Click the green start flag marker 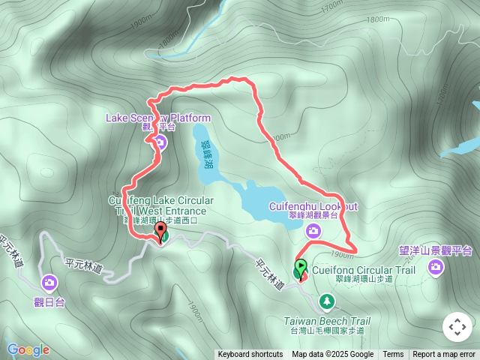(x=301, y=267)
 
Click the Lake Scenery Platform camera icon (x=160, y=141)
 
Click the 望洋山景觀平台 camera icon (x=436, y=268)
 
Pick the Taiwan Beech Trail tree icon (x=327, y=301)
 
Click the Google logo (x=28, y=349)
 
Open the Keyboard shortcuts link (x=250, y=355)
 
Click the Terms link (x=393, y=355)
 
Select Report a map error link (x=445, y=355)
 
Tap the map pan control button (x=457, y=327)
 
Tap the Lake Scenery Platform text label (x=158, y=118)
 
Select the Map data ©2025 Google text (x=333, y=355)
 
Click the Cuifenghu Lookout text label (x=313, y=205)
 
